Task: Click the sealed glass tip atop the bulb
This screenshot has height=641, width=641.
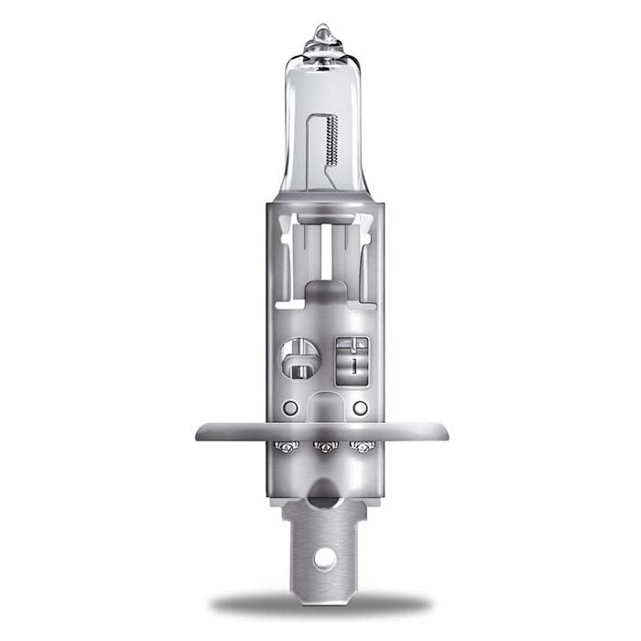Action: click(x=320, y=38)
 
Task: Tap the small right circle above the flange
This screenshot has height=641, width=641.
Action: click(x=360, y=407)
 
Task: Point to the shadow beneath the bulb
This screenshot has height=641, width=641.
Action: click(x=320, y=603)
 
